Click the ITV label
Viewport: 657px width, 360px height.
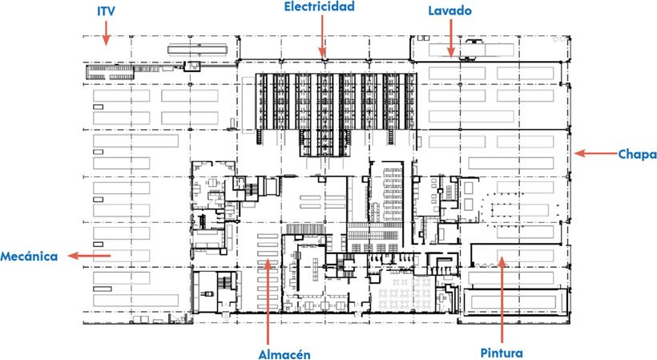106,11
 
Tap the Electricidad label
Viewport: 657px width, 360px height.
319,6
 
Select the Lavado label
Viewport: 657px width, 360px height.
449,10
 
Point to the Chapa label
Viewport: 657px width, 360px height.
637,154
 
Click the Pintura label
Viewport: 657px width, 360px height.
502,353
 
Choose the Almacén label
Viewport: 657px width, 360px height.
284,354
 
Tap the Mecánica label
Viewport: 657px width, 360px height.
29,256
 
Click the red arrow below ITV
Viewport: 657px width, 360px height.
106,33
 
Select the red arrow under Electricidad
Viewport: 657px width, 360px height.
322,36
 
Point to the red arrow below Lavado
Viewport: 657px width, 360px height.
451,38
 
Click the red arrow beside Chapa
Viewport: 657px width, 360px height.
595,153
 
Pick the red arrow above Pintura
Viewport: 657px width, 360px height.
502,301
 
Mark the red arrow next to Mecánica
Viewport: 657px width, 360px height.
89,256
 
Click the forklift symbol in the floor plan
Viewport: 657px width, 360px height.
208,293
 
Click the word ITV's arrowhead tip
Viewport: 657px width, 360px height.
106,45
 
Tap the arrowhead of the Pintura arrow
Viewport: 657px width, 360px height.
502,257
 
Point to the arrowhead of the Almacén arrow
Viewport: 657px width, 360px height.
268,260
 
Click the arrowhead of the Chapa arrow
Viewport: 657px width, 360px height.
575,153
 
